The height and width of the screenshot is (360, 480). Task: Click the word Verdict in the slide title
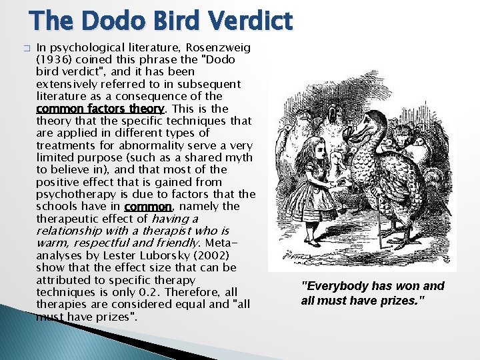(249, 21)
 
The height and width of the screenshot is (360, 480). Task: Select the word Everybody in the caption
(333, 286)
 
